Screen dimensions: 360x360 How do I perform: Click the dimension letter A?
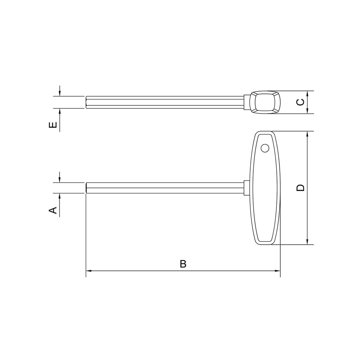click(x=53, y=210)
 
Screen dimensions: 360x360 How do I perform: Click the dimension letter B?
click(x=183, y=264)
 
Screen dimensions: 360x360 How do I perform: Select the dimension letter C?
click(x=300, y=102)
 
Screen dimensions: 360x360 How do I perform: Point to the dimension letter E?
click(x=53, y=125)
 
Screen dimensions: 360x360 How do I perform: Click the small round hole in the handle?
click(x=265, y=148)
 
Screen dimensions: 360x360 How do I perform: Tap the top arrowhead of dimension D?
click(x=307, y=134)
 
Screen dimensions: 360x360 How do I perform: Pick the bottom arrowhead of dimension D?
click(x=307, y=242)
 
